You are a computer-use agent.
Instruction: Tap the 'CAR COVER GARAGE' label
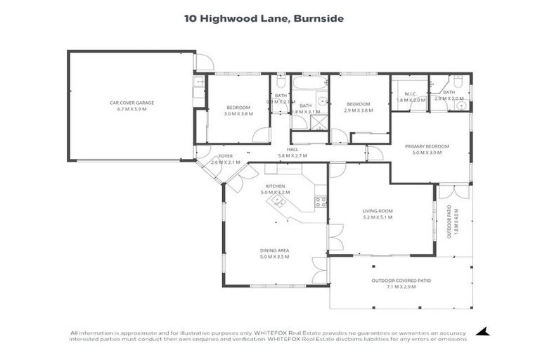pos(131,103)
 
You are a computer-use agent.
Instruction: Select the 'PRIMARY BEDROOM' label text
pos(426,146)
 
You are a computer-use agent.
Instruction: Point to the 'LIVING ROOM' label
pos(377,211)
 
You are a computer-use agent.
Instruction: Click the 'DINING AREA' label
pos(275,251)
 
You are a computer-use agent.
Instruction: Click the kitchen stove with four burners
pos(320,200)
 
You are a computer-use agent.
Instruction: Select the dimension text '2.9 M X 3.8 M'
pos(358,110)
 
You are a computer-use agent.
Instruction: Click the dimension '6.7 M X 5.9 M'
pos(131,109)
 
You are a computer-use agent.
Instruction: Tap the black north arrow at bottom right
pos(482,331)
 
